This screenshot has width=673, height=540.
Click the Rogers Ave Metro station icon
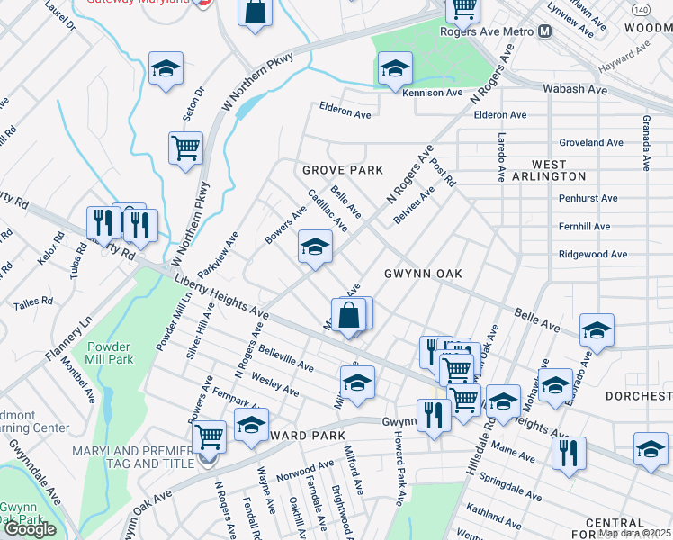click(x=545, y=31)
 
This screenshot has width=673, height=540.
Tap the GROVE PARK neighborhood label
click(x=342, y=170)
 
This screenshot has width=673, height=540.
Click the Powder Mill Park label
click(x=110, y=353)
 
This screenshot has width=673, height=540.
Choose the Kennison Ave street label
click(x=433, y=93)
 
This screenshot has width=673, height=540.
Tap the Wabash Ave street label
click(x=575, y=89)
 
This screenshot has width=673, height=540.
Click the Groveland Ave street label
click(x=591, y=142)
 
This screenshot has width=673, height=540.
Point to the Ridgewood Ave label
click(x=593, y=255)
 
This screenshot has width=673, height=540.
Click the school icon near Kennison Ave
click(x=394, y=68)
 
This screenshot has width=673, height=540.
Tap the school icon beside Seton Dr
click(x=166, y=68)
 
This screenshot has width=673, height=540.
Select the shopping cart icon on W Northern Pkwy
click(x=185, y=148)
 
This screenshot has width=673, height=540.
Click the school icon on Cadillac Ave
click(x=315, y=247)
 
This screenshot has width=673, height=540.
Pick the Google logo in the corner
click(x=30, y=529)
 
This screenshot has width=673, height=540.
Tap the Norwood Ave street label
click(x=305, y=470)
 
